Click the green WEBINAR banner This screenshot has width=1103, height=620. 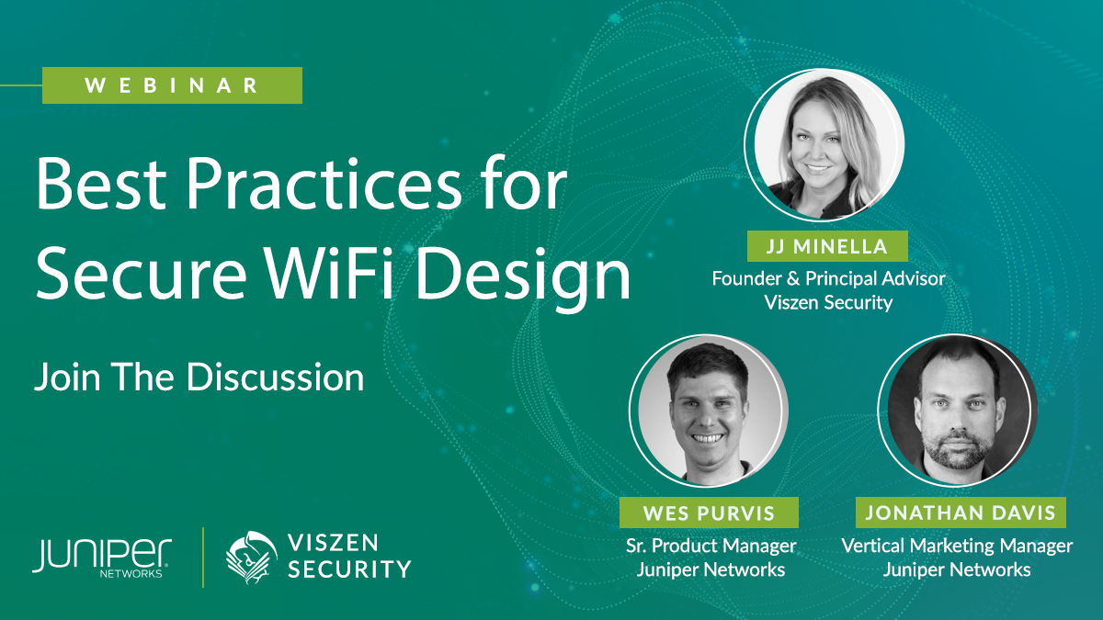click(x=172, y=85)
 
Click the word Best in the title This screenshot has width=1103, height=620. click(x=101, y=183)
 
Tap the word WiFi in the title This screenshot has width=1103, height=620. click(x=328, y=272)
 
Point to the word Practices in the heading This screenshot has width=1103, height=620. click(x=324, y=183)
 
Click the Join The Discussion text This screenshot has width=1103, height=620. click(x=199, y=377)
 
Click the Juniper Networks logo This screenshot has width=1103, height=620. click(x=102, y=558)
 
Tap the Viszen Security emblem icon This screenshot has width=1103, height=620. click(x=251, y=557)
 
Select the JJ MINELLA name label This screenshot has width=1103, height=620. click(x=827, y=246)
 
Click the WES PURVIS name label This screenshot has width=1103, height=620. click(x=709, y=513)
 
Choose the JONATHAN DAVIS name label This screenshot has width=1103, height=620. click(x=961, y=513)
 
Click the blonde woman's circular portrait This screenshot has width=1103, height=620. click(x=824, y=145)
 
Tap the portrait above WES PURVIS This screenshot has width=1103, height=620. click(x=708, y=411)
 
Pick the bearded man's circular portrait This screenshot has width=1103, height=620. click(x=958, y=411)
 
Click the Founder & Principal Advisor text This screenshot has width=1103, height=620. click(x=828, y=278)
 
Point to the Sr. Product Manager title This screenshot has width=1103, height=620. click(x=711, y=546)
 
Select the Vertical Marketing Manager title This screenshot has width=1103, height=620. click(x=957, y=546)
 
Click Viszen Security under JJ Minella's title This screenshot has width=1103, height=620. click(x=828, y=302)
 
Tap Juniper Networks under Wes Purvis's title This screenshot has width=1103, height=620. click(x=711, y=569)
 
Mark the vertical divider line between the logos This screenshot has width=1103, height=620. click(x=203, y=558)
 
